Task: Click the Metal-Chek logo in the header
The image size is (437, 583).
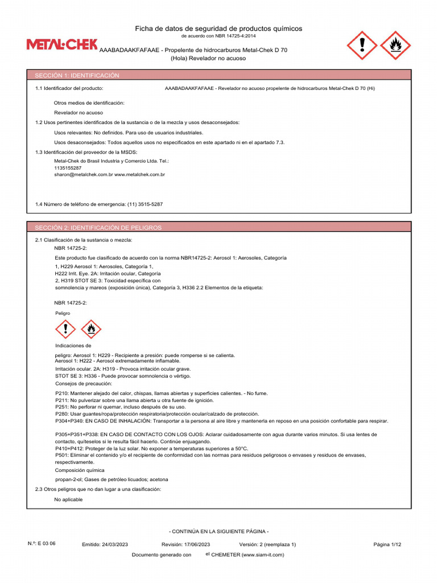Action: [62, 45]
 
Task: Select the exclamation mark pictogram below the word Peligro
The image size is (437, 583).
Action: [66, 329]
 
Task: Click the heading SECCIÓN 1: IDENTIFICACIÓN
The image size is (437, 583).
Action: [77, 75]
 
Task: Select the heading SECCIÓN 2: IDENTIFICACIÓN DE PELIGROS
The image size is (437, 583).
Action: [98, 228]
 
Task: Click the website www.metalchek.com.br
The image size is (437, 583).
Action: [140, 175]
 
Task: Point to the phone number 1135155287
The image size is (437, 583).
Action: [68, 168]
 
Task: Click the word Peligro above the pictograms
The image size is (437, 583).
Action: [63, 314]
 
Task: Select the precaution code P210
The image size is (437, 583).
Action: [61, 393]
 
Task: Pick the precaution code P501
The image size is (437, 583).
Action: [61, 455]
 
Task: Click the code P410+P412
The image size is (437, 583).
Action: [69, 449]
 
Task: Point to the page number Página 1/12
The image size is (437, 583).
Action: [387, 544]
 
